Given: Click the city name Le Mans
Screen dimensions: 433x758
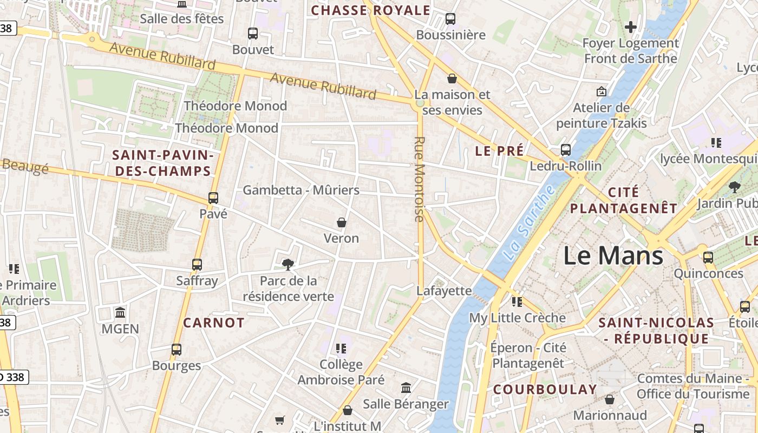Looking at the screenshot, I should [613, 255].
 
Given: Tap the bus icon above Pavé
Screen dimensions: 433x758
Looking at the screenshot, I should [213, 198].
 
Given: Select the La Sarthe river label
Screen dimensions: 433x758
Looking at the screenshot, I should [528, 222].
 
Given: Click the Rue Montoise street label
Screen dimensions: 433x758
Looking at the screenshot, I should [419, 179].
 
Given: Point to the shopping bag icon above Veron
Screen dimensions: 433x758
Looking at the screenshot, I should [342, 222].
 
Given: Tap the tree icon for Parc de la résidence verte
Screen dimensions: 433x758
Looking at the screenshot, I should [288, 265].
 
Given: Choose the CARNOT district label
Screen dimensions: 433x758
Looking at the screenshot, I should [214, 323].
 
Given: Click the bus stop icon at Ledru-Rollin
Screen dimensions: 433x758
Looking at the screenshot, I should [566, 150].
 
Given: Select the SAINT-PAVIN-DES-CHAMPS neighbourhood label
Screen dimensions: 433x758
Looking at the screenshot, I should [161, 163].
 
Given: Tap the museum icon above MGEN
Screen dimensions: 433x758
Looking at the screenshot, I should [120, 313].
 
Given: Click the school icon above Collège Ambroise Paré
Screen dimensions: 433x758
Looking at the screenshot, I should [341, 348].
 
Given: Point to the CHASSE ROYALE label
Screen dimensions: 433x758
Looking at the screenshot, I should [370, 10].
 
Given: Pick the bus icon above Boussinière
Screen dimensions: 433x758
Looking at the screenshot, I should [450, 19].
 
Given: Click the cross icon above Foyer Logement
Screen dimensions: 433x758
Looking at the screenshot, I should [630, 27].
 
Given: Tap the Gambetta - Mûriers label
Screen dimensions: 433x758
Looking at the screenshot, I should [301, 190].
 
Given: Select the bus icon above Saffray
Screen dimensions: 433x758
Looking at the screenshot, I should [197, 265].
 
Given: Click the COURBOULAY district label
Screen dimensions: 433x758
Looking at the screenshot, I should [545, 390].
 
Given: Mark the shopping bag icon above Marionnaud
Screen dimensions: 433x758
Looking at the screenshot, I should [610, 399].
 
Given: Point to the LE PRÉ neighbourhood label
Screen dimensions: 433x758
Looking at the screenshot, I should [499, 151].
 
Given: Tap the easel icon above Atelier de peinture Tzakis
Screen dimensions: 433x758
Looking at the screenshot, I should [601, 91].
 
